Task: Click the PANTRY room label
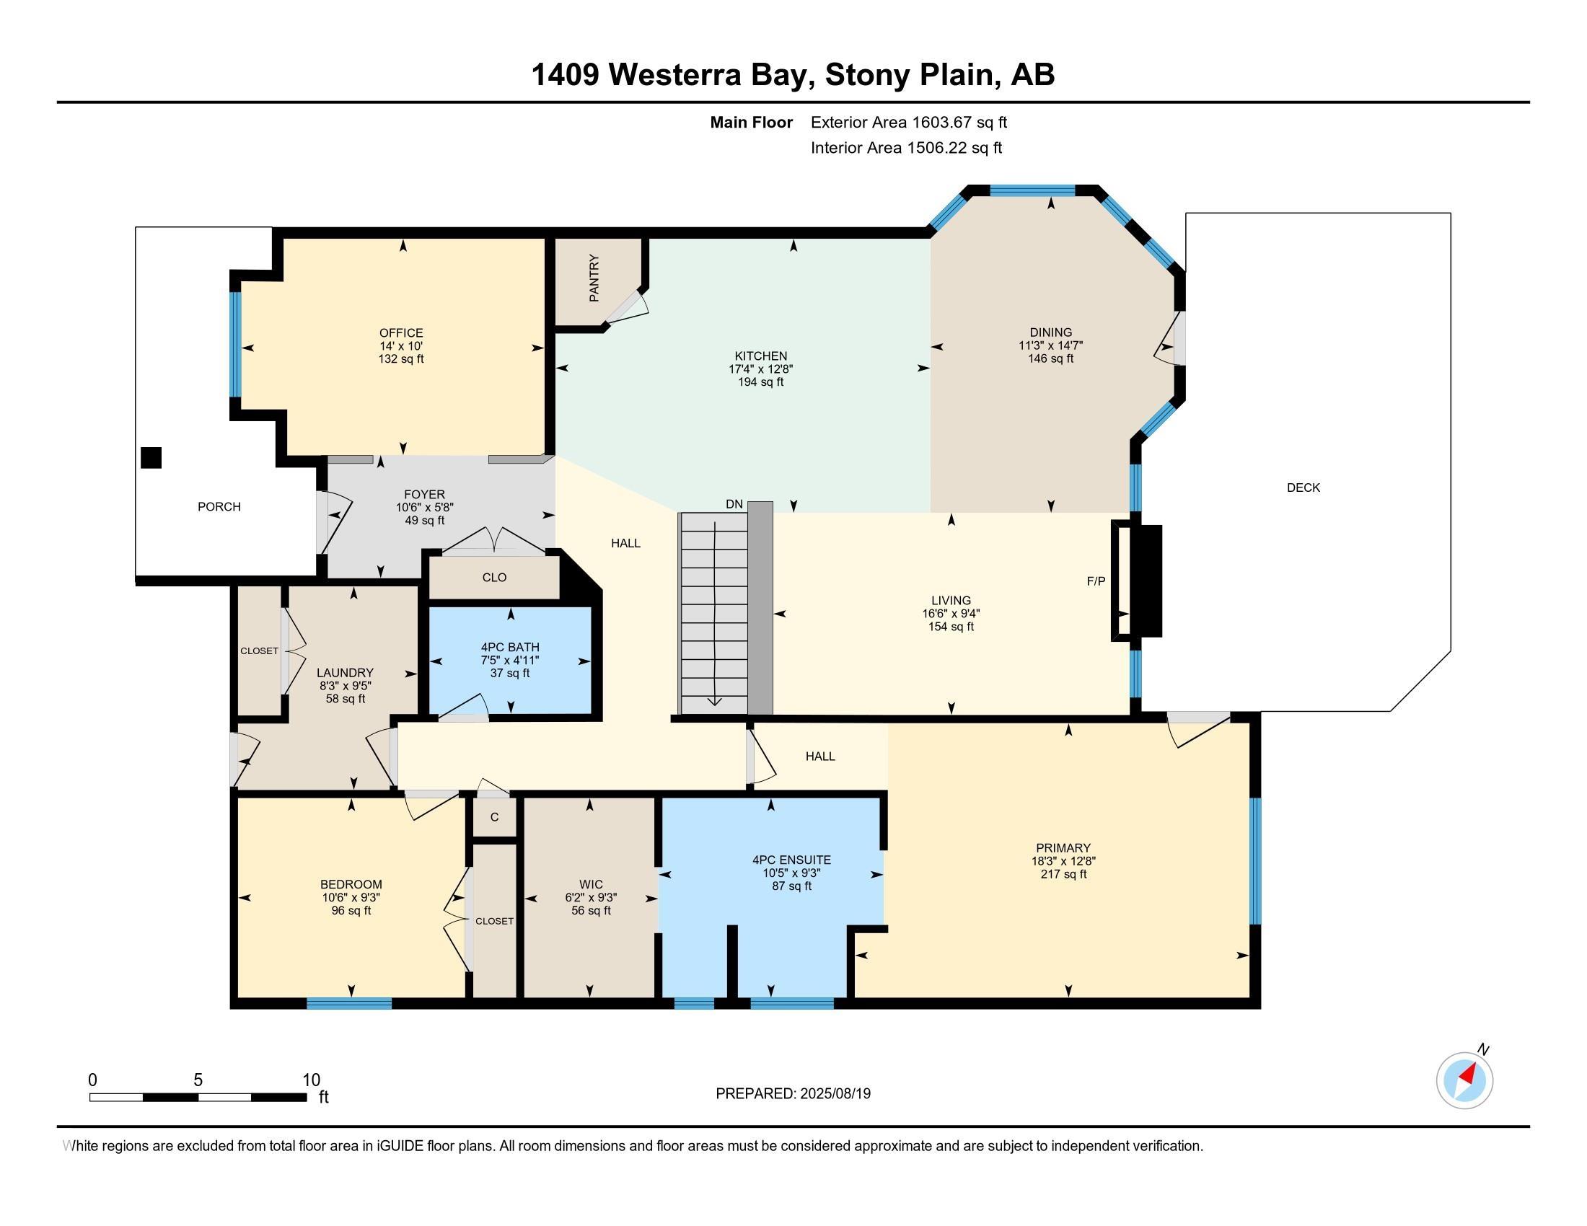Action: coord(594,278)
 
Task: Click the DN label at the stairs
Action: coord(734,504)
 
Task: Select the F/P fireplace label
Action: coord(1096,581)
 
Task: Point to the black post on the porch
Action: coord(151,457)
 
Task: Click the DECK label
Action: coord(1303,488)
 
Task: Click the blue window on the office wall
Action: coord(235,344)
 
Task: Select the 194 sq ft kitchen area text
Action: coord(761,382)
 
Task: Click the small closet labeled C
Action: coord(494,817)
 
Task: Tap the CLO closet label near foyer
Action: coord(494,578)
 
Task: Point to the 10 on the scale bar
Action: coord(311,1080)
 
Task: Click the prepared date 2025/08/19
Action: coord(835,1093)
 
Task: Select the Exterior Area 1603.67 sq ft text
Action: coord(909,122)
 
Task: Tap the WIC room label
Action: coord(591,885)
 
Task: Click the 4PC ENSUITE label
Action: coord(791,860)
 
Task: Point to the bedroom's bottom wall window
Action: coord(350,1003)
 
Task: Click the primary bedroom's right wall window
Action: coord(1255,860)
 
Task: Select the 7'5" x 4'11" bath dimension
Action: coord(510,660)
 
